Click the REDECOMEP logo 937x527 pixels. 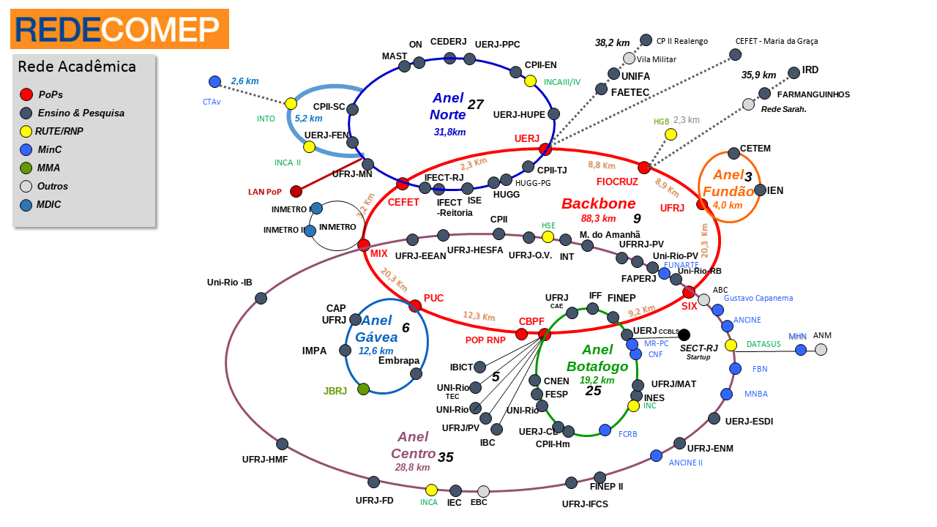coord(119,29)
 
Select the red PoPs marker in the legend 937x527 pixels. coord(26,94)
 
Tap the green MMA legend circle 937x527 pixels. coord(26,168)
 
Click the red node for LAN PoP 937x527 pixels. coord(296,192)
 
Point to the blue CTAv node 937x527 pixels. coord(214,82)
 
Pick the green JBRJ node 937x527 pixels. coord(363,389)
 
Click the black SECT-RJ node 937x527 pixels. coord(684,335)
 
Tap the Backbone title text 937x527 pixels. coord(598,204)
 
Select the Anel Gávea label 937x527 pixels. coord(376,329)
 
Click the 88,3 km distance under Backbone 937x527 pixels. coord(598,218)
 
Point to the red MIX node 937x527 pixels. coord(364,244)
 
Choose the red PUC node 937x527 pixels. coord(415,305)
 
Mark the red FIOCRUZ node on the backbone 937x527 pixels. coord(644,168)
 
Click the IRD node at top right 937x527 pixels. coord(794,72)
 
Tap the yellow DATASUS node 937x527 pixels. coord(731,345)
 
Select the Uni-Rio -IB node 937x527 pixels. coord(261,298)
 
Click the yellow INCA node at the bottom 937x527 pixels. coord(431,490)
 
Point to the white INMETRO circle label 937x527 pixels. coord(337,227)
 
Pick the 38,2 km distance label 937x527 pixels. coord(612,43)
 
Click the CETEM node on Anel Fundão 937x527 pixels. coord(733,153)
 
